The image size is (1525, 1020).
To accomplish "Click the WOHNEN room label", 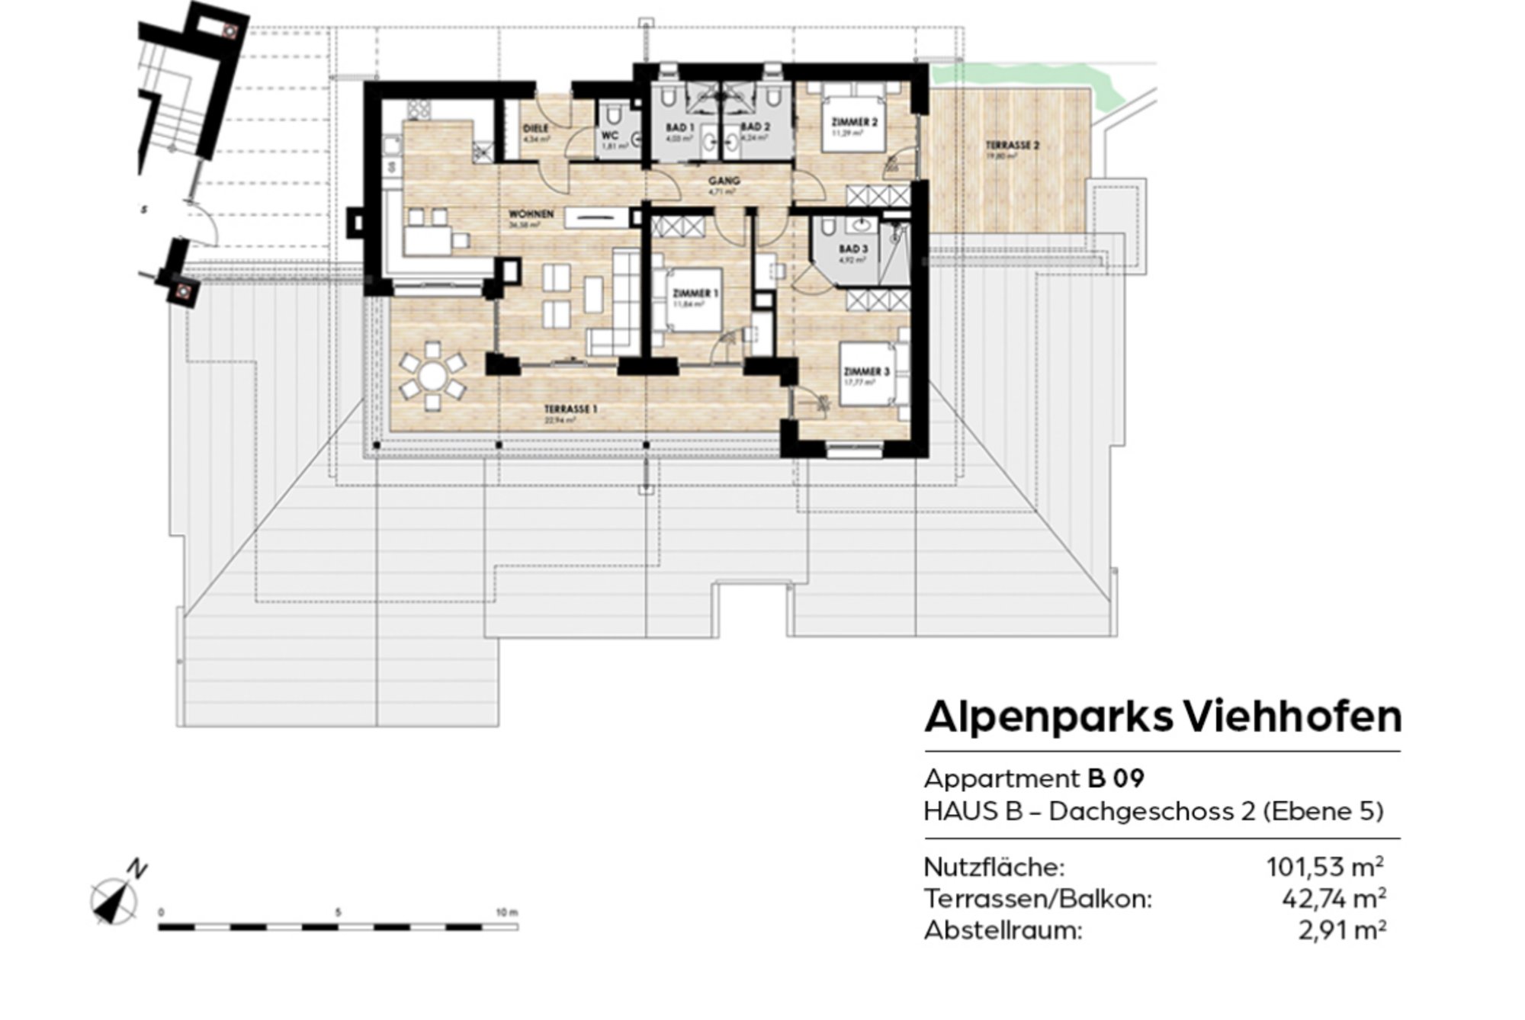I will (531, 214).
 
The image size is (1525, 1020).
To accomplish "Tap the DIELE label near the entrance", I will (536, 129).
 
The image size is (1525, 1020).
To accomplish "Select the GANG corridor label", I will (724, 181).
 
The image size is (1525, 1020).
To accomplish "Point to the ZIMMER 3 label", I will (866, 371).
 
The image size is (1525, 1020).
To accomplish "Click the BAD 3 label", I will (853, 249).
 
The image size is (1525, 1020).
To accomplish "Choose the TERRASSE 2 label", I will (1012, 145).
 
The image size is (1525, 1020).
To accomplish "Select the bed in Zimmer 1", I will (693, 300).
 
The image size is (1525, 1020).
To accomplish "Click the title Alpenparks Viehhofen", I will (1162, 717).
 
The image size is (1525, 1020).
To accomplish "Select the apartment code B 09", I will (1116, 778).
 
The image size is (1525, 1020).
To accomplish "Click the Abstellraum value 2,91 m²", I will (1341, 931).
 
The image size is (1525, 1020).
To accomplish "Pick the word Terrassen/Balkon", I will (1037, 900).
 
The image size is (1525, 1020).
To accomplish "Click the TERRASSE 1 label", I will (570, 409).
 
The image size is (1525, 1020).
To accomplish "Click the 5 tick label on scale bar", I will (338, 913).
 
